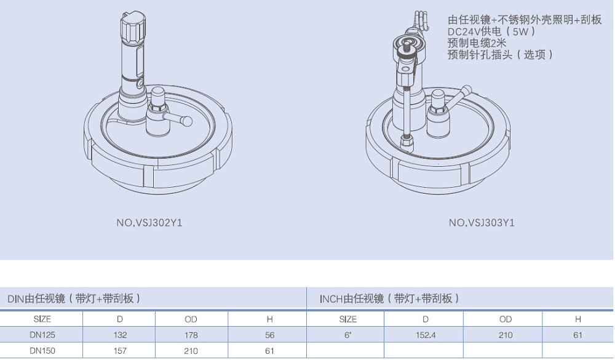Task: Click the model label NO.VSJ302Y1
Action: click(149, 223)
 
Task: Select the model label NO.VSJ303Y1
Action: click(482, 223)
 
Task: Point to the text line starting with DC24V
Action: click(492, 31)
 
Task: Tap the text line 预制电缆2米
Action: click(477, 43)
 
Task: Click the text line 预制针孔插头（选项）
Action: click(501, 55)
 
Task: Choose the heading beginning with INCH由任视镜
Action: click(389, 298)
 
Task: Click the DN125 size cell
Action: click(41, 335)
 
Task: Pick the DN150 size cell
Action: click(41, 351)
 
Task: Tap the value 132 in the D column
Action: click(120, 335)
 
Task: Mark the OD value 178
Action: click(191, 335)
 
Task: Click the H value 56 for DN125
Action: click(269, 335)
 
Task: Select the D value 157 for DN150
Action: click(120, 351)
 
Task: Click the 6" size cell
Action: click(347, 335)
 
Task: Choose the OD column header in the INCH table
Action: click(506, 319)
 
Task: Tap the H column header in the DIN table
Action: click(269, 319)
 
